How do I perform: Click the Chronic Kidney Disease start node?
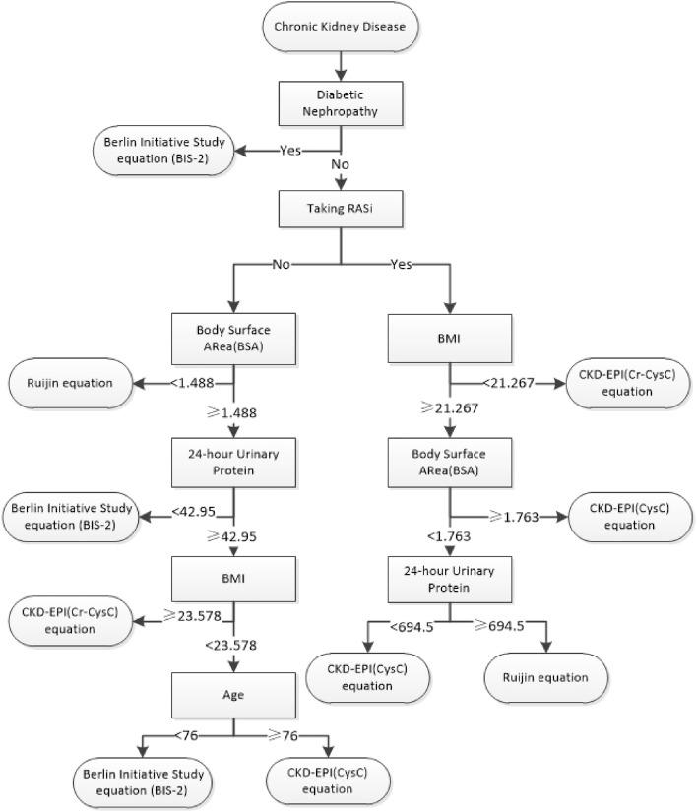[340, 27]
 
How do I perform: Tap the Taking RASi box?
[340, 209]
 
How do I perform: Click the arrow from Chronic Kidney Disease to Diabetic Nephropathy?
[340, 63]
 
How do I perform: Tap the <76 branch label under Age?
[188, 734]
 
